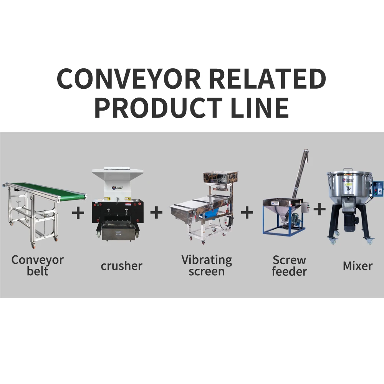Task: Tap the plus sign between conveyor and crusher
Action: [78, 212]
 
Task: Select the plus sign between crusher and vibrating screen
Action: [156, 212]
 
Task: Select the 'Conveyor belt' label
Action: [37, 265]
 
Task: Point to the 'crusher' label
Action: [121, 266]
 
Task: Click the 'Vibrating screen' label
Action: [207, 265]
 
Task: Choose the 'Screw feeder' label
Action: [290, 265]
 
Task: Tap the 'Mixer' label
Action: [358, 266]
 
